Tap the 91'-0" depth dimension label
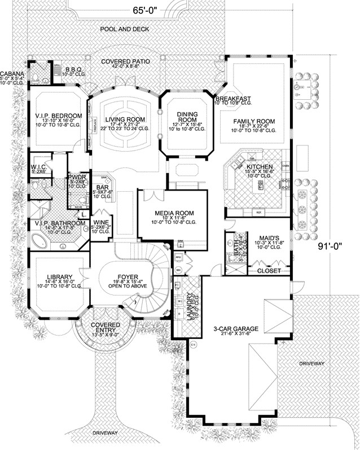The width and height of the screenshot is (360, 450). click(x=337, y=246)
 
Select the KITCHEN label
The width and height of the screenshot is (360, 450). click(x=260, y=167)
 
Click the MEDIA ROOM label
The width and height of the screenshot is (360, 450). click(x=174, y=213)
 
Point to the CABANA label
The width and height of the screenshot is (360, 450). click(x=11, y=73)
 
